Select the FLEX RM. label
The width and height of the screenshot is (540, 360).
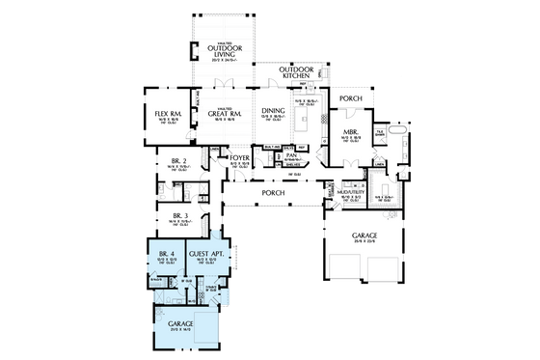pyautogui.click(x=168, y=114)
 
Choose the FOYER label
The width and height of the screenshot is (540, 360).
pyautogui.click(x=239, y=156)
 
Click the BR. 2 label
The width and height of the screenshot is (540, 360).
pyautogui.click(x=177, y=160)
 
